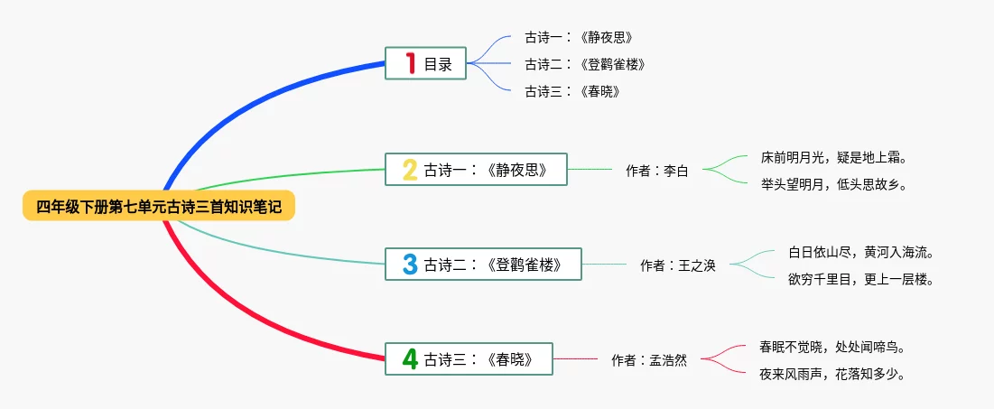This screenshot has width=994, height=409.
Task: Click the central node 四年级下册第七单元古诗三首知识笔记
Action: click(x=159, y=207)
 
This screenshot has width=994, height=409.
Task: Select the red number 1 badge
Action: click(x=411, y=63)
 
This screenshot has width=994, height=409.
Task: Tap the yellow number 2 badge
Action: click(x=410, y=169)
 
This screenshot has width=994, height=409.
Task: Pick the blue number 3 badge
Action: click(x=410, y=264)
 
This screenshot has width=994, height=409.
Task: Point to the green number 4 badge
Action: click(x=410, y=359)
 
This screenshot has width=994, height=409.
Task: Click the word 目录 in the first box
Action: click(x=438, y=64)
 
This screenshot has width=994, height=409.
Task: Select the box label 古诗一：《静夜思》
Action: click(x=486, y=169)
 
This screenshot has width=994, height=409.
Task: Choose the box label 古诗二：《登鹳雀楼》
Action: click(x=493, y=264)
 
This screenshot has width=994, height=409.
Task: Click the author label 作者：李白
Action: click(x=657, y=170)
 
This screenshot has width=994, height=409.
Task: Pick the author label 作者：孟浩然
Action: click(x=649, y=360)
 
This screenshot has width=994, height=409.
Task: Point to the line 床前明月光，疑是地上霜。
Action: click(x=833, y=157)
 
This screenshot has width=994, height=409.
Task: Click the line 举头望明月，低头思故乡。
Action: click(x=833, y=184)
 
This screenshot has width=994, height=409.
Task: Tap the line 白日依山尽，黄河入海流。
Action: click(x=860, y=252)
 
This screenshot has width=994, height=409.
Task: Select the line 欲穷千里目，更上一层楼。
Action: click(x=860, y=279)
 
